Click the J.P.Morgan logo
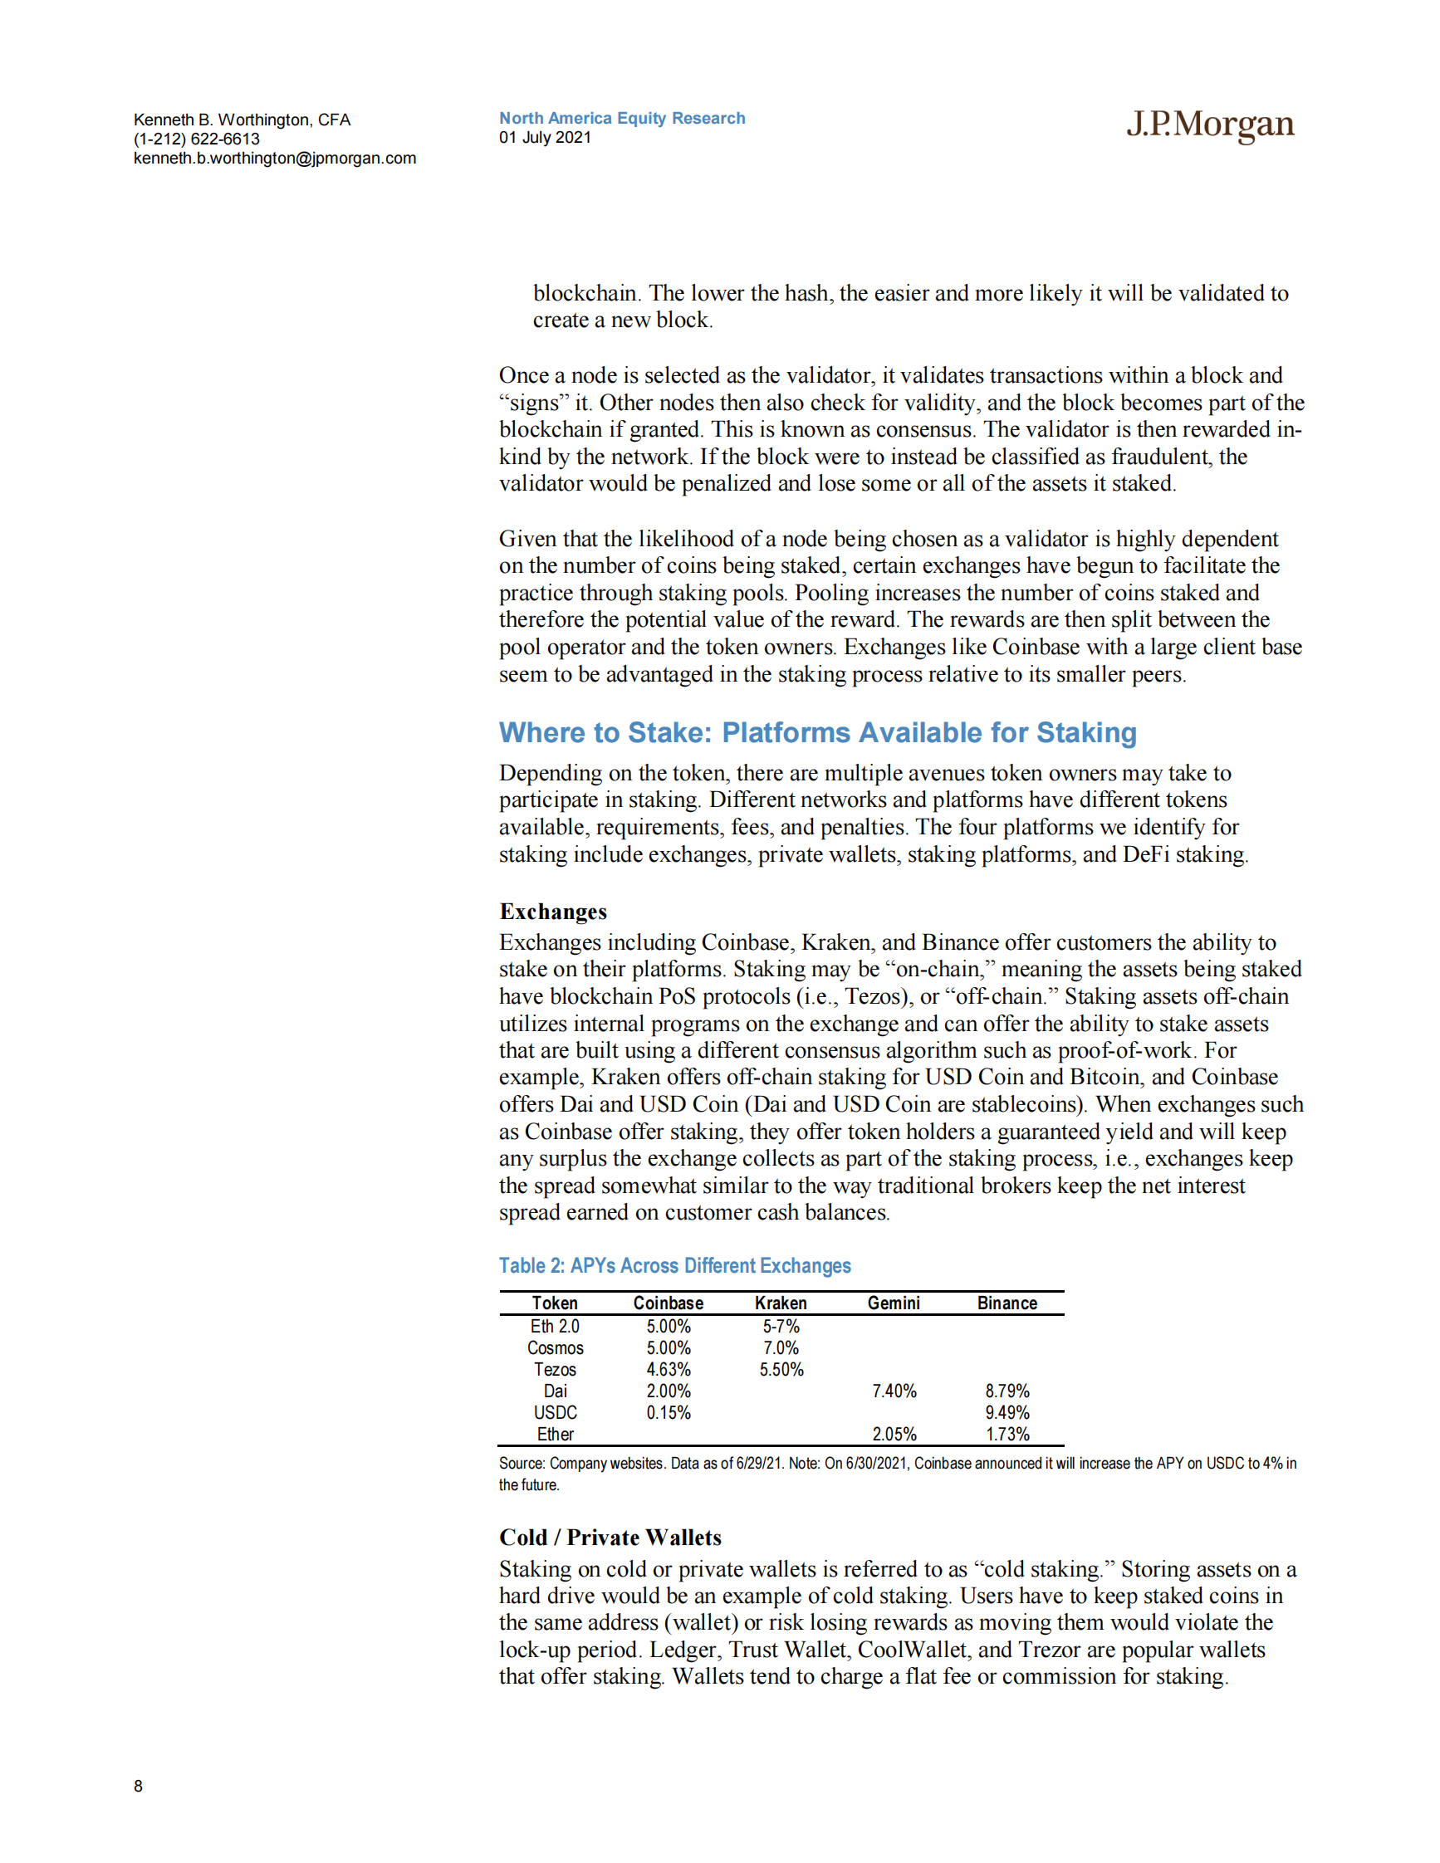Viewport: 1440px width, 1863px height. pyautogui.click(x=1210, y=125)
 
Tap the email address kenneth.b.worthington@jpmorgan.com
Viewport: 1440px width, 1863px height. pyautogui.click(x=275, y=159)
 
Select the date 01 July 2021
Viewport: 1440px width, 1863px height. pyautogui.click(x=545, y=138)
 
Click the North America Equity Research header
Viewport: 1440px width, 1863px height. pyautogui.click(x=622, y=119)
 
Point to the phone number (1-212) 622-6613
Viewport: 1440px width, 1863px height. pyautogui.click(x=196, y=139)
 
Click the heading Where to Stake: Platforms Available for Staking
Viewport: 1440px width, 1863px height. pyautogui.click(x=817, y=733)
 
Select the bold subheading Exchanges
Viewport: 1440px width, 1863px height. pyautogui.click(x=553, y=912)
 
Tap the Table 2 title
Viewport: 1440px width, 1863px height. pyautogui.click(x=675, y=1266)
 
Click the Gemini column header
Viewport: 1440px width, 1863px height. pyautogui.click(x=894, y=1303)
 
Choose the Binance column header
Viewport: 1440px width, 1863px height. pyautogui.click(x=1007, y=1303)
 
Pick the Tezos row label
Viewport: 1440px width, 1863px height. pyautogui.click(x=555, y=1370)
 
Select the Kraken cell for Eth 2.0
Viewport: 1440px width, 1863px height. pyautogui.click(x=781, y=1328)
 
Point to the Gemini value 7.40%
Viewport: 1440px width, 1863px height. pyautogui.click(x=894, y=1391)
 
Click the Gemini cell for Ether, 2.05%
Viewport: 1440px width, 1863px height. pyautogui.click(x=894, y=1435)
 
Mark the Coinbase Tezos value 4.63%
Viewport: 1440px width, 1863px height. pyautogui.click(x=668, y=1370)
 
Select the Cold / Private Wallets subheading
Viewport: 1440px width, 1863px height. pyautogui.click(x=610, y=1538)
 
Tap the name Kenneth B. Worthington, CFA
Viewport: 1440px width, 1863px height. pyautogui.click(x=242, y=120)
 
